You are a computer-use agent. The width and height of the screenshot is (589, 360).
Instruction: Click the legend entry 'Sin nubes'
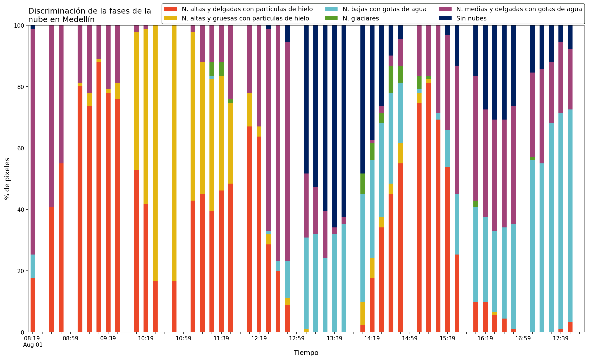tap(471, 18)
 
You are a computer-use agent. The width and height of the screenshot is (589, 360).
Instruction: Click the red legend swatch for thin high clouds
tap(171, 9)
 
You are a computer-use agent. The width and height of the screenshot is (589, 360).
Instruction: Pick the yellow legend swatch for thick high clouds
tap(171, 18)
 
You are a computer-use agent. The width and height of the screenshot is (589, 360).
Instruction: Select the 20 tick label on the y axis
tap(20, 271)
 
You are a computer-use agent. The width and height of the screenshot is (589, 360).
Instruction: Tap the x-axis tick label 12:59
tap(297, 338)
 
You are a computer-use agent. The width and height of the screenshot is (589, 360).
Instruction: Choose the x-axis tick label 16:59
tap(523, 338)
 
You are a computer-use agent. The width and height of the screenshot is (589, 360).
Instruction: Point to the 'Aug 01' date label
tap(33, 345)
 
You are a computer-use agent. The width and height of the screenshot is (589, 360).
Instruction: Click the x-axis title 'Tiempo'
tap(306, 353)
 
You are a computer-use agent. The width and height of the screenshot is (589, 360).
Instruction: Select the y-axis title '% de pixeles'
tap(7, 179)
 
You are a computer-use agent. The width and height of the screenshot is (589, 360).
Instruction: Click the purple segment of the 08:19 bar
tap(33, 142)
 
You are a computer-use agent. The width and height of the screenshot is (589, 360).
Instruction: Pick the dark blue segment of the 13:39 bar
tap(334, 126)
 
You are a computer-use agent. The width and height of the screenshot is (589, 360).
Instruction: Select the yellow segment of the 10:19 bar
tap(146, 116)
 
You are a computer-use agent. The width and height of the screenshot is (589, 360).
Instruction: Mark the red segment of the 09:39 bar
tap(108, 213)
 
